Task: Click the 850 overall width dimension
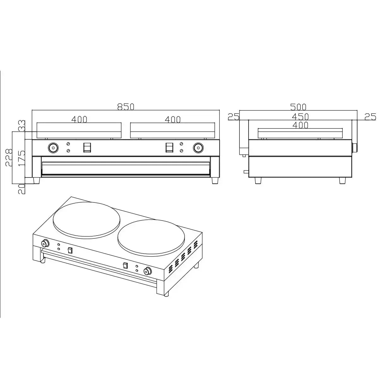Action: [x=126, y=107]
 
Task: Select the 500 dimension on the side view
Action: [x=298, y=107]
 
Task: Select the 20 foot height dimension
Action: [x=22, y=189]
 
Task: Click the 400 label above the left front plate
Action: [x=79, y=119]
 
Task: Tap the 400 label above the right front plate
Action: [x=173, y=119]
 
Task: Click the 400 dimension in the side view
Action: [x=300, y=125]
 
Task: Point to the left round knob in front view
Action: [x=53, y=147]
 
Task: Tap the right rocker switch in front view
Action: [x=169, y=147]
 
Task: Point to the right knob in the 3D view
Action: [x=147, y=271]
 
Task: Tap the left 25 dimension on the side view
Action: [x=233, y=117]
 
